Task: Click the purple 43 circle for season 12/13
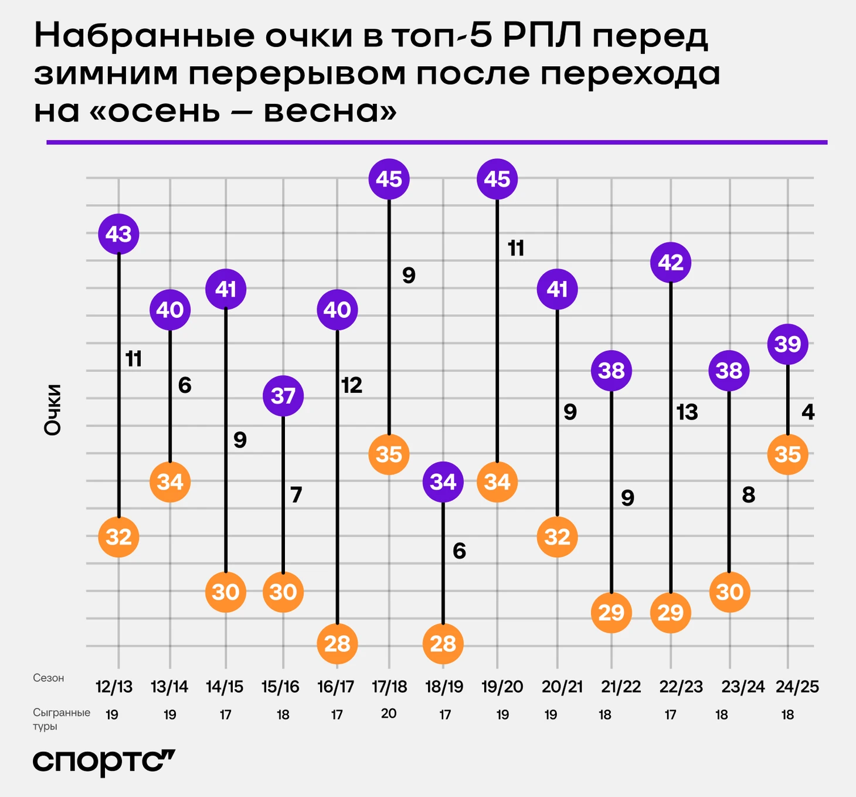click(x=118, y=234)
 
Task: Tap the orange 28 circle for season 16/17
click(x=337, y=643)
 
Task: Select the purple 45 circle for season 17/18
click(x=389, y=179)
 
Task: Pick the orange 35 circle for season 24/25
click(x=787, y=454)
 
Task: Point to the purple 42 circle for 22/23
click(x=671, y=262)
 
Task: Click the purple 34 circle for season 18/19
click(x=443, y=481)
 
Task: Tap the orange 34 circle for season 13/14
click(x=170, y=481)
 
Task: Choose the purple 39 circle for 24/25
click(x=787, y=344)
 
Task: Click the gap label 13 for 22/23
click(x=687, y=412)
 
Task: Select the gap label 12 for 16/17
click(x=352, y=385)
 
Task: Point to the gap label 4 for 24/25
click(x=808, y=412)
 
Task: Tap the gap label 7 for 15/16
click(x=296, y=495)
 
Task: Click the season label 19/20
click(x=502, y=687)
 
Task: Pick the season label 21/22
click(x=621, y=687)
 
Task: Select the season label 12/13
click(x=114, y=687)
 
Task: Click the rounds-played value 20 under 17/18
click(x=389, y=714)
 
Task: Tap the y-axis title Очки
click(x=53, y=409)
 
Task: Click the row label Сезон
click(x=49, y=678)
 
